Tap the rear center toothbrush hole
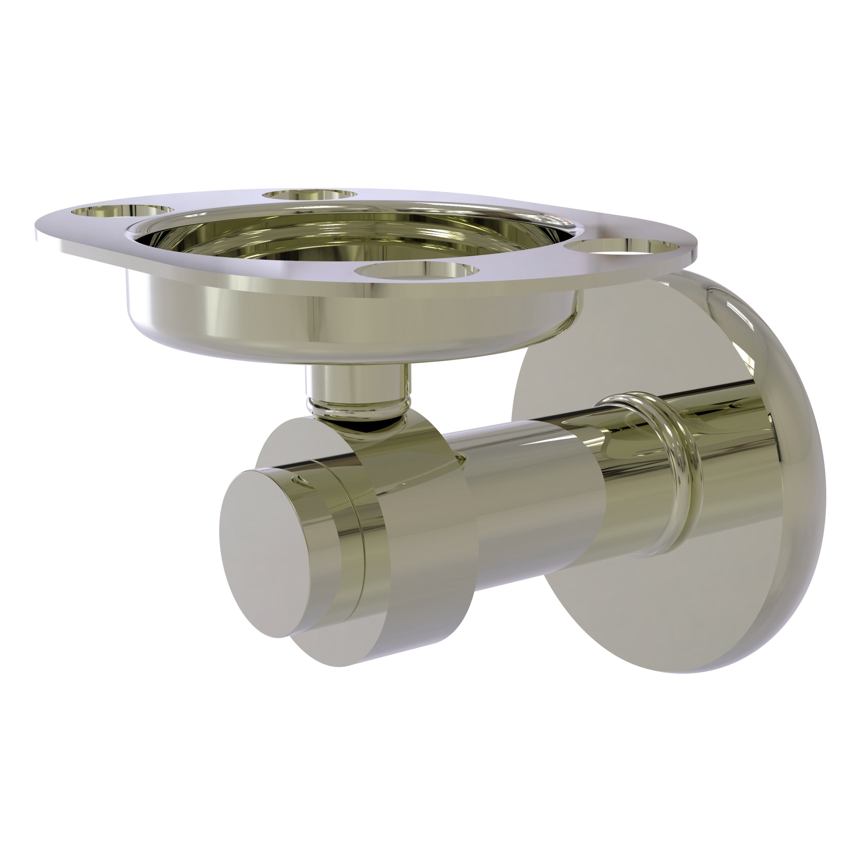310,194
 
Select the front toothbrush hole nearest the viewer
417,270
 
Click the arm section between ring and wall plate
731,450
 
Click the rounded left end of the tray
49,227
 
